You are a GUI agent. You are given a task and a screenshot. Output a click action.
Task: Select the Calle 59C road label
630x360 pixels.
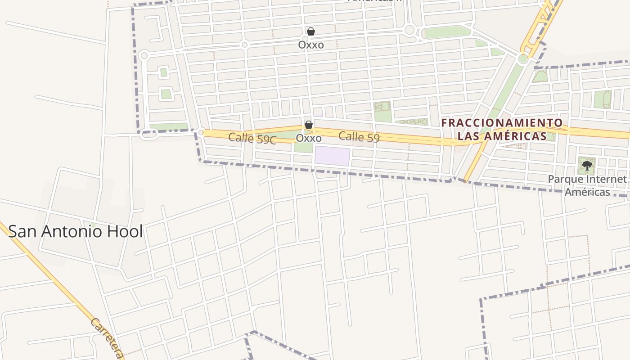coord(252,138)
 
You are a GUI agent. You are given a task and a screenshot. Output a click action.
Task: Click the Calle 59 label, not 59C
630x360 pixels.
coord(359,137)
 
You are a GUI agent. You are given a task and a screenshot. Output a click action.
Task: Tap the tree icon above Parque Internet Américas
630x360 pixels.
coord(587,166)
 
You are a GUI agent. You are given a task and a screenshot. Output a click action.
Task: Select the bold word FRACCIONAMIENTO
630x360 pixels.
coord(502,123)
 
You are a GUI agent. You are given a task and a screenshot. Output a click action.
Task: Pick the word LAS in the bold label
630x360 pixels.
coord(469,136)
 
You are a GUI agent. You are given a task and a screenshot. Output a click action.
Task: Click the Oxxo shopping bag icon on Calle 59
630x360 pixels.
coord(309,125)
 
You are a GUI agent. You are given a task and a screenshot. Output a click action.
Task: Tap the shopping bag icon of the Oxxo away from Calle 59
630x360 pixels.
coord(310,31)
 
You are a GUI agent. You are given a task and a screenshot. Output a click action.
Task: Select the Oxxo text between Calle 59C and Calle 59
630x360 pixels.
coord(309,138)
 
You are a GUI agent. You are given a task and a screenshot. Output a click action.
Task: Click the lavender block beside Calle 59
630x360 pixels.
coord(332,156)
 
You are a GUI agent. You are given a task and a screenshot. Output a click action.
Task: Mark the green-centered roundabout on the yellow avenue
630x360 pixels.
coord(523,59)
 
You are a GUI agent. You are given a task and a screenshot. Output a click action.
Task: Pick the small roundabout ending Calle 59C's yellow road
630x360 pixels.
coord(201,132)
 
